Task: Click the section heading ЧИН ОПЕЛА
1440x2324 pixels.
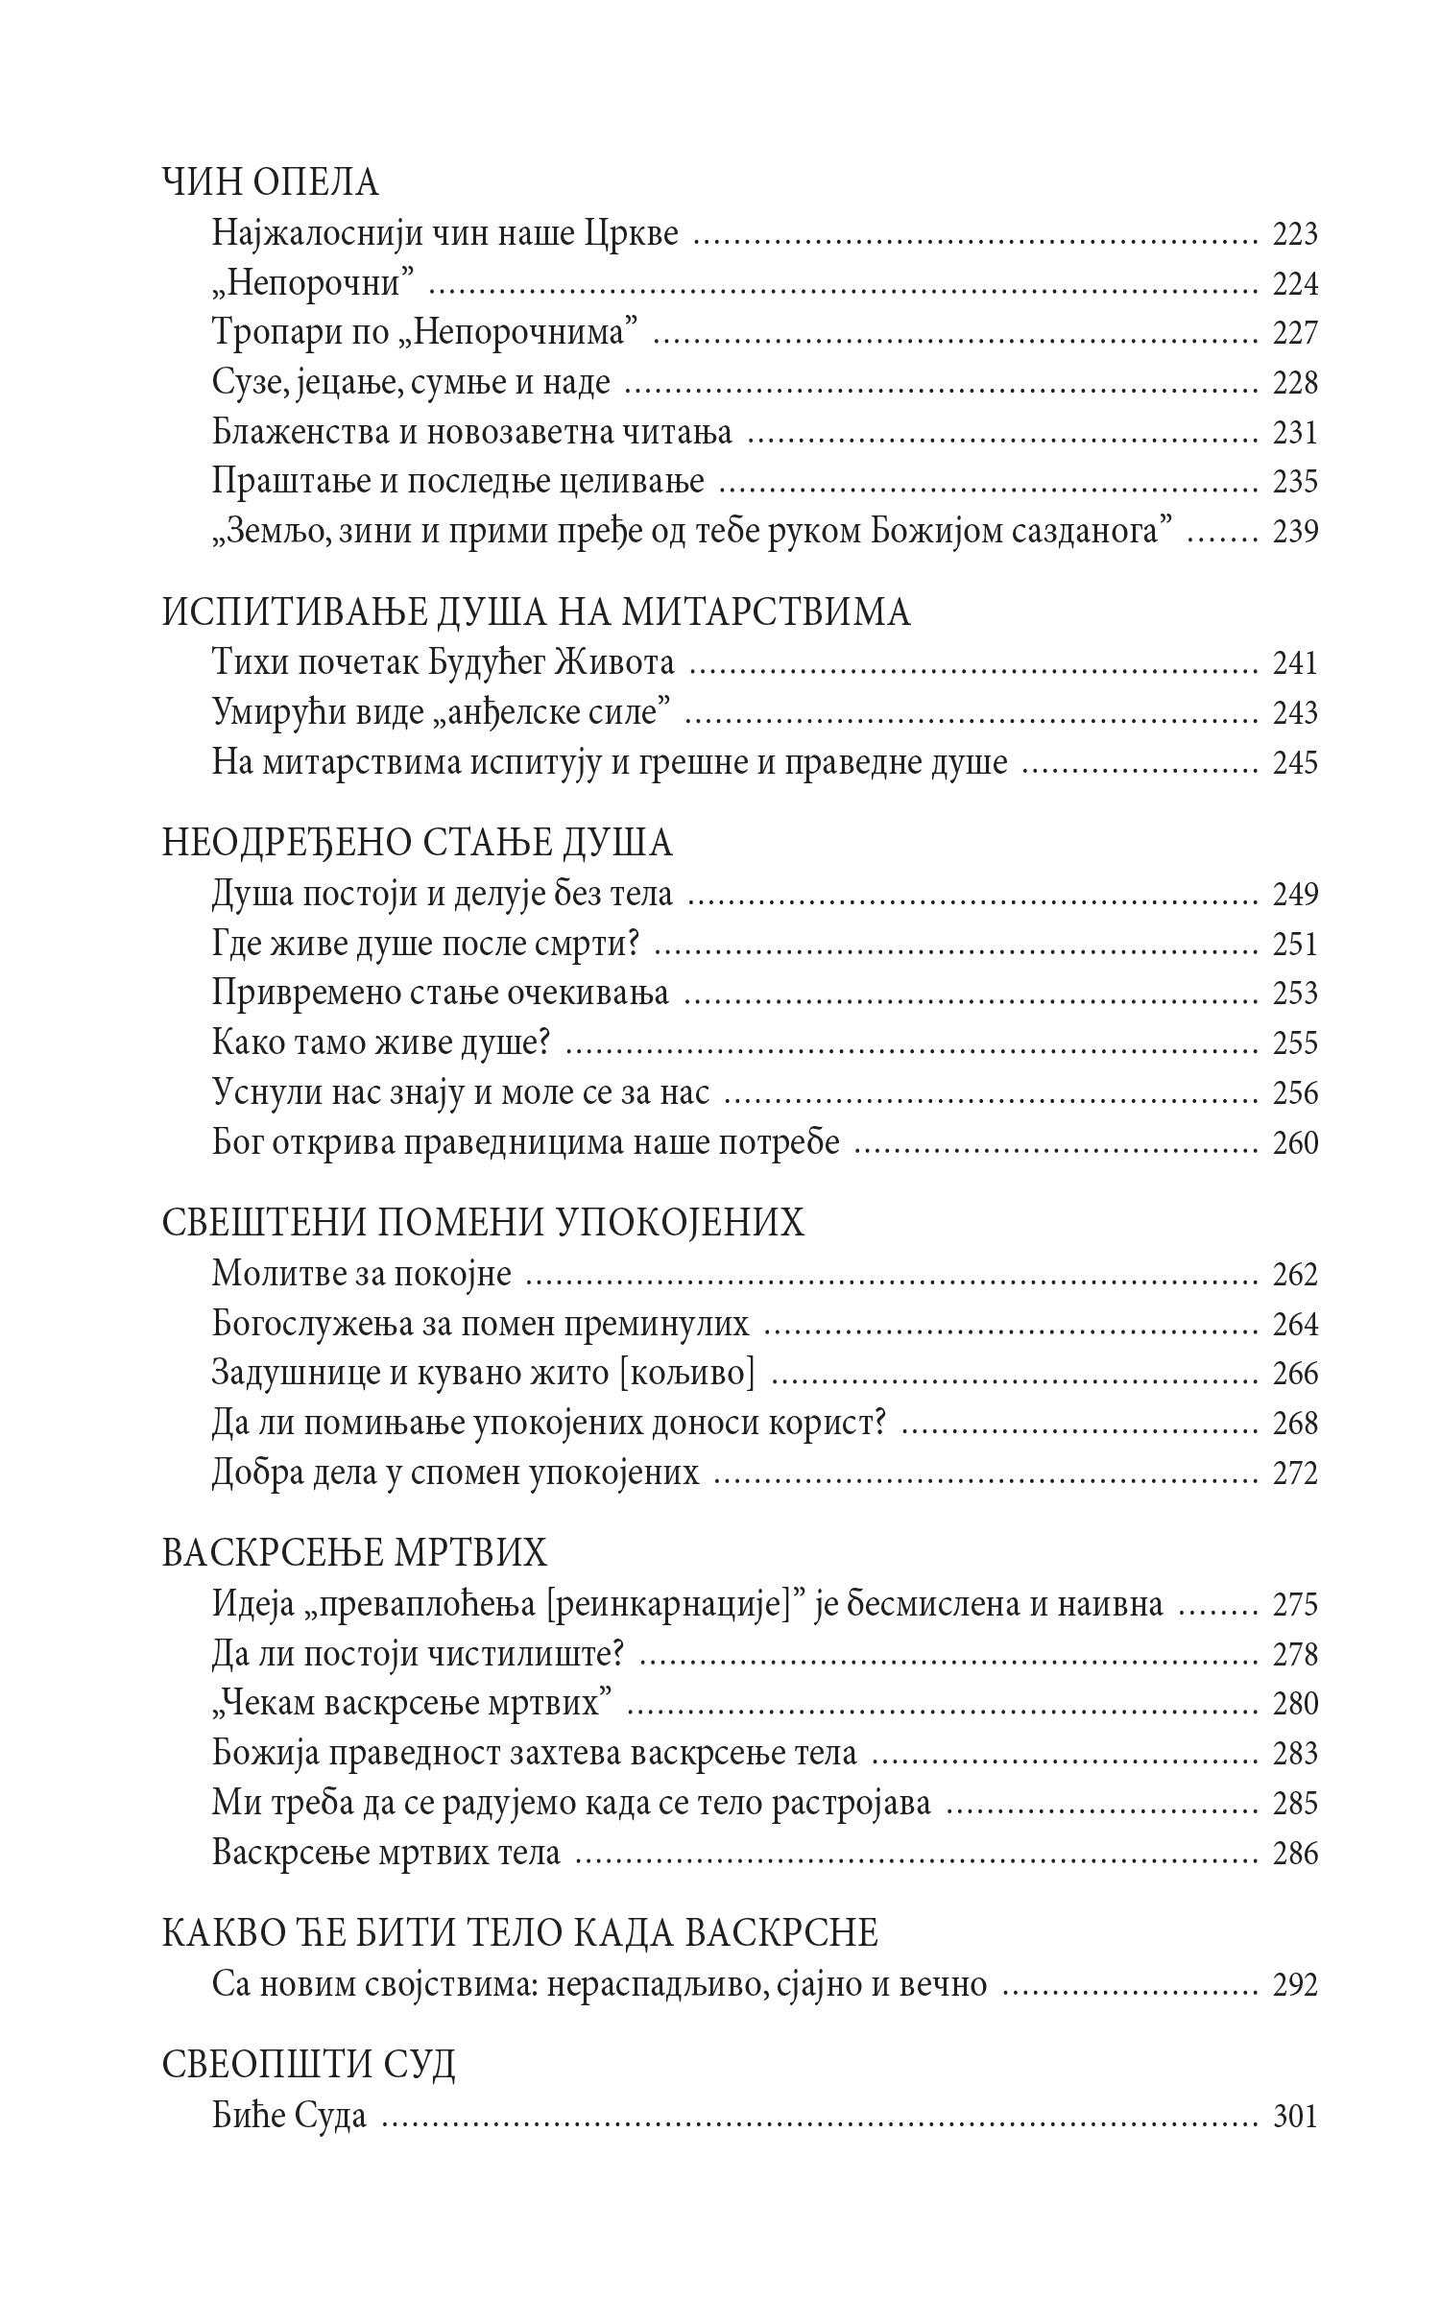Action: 271,182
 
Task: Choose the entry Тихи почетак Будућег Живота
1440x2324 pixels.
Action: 443,663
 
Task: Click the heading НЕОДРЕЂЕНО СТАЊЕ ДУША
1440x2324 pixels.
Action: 418,844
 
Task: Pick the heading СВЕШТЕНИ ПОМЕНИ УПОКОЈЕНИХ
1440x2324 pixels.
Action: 483,1224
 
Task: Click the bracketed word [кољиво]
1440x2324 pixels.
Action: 684,1374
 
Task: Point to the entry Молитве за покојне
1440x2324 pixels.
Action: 362,1275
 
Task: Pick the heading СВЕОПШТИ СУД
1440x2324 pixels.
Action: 308,2065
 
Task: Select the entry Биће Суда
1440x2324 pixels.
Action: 290,2116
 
